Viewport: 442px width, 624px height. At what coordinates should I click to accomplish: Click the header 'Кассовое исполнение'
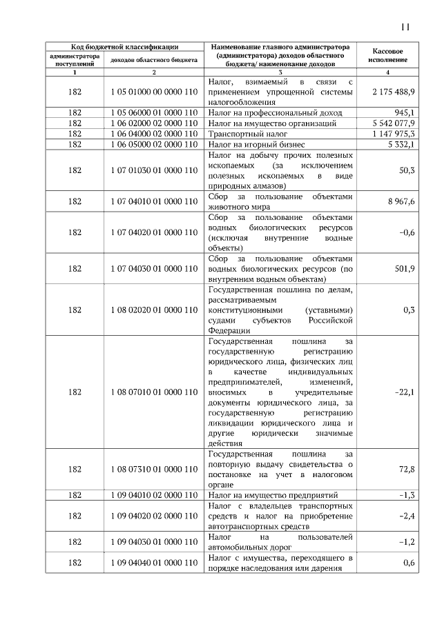[387, 56]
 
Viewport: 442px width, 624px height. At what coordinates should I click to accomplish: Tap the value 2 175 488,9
[393, 92]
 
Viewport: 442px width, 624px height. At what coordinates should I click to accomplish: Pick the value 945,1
[404, 112]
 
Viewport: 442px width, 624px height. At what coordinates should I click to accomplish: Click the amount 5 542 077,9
[393, 123]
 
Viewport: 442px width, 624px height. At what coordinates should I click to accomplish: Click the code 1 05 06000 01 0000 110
[153, 112]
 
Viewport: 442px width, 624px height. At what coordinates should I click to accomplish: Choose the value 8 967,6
[401, 202]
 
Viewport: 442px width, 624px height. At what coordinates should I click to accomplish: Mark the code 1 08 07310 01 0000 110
[153, 470]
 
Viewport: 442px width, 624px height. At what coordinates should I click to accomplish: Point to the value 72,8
[407, 470]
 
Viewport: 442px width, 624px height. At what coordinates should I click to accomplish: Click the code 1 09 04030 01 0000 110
[153, 542]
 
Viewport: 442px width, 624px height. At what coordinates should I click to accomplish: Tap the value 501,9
[404, 268]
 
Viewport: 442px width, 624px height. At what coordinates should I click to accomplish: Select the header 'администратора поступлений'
[74, 60]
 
